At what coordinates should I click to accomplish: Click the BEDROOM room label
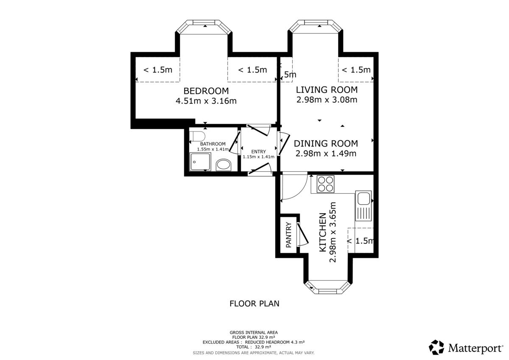(x=206, y=91)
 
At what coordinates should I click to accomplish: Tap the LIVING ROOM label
(x=327, y=90)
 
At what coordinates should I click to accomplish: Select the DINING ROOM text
(x=326, y=144)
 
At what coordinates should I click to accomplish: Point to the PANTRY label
(x=288, y=235)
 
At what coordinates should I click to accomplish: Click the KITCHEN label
(x=323, y=232)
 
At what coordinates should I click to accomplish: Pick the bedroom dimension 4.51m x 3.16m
(x=206, y=101)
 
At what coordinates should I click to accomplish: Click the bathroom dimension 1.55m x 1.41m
(x=213, y=149)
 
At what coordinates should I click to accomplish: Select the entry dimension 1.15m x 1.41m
(x=259, y=157)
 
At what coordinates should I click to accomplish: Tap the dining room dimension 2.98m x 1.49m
(x=326, y=153)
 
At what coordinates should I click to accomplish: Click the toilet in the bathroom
(x=197, y=136)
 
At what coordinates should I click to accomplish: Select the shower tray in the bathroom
(x=200, y=162)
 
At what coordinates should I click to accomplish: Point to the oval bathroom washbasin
(x=224, y=165)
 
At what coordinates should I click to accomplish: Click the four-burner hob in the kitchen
(x=326, y=184)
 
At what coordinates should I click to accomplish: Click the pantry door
(x=302, y=234)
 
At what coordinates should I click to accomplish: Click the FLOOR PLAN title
(x=254, y=304)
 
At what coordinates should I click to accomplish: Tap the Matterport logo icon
(x=436, y=348)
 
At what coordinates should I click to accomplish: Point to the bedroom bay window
(x=204, y=27)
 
